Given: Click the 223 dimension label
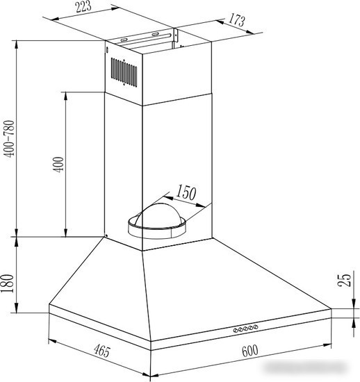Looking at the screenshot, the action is [x=83, y=6].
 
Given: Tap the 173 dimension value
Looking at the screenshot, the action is [x=236, y=20].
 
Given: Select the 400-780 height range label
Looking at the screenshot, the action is [x=10, y=139].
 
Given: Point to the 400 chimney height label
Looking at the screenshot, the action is [x=58, y=165].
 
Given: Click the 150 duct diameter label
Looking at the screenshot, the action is [x=186, y=192].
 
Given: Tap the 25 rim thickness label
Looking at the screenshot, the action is [x=345, y=280].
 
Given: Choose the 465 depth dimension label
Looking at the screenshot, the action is [x=102, y=351].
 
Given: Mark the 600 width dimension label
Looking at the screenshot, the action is [x=249, y=351].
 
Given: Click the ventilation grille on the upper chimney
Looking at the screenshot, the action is [x=124, y=72].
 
